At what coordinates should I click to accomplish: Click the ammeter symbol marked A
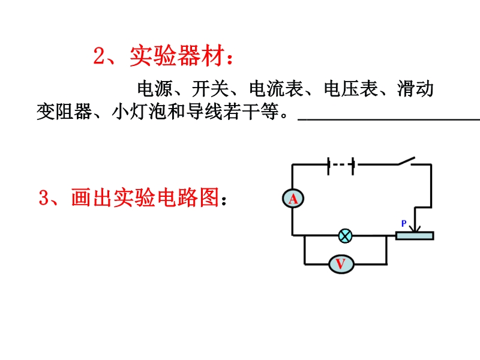pos(293,198)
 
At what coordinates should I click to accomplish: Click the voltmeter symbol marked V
pos(340,263)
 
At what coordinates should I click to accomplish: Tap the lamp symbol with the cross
pos(345,235)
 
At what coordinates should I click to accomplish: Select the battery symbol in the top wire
pos(341,164)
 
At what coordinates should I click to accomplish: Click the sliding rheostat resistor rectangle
pos(414,235)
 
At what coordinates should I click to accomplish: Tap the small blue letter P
pos(404,224)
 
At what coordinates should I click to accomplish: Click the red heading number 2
pos(100,57)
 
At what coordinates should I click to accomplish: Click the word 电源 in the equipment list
pos(155,89)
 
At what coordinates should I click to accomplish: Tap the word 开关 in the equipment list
pos(211,89)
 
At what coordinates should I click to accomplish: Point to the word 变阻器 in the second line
pos(64,112)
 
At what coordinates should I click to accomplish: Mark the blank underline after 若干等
pos(388,118)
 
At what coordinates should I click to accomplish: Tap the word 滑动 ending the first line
pos(415,89)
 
